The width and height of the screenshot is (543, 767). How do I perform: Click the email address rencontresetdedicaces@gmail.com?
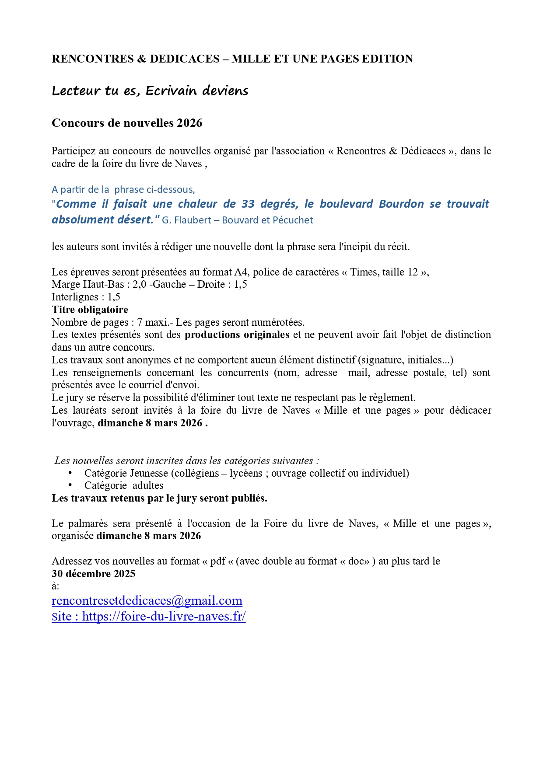[x=147, y=601]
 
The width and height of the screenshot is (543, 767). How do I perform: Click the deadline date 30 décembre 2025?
[x=94, y=574]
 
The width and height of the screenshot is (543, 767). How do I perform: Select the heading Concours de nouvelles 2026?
[x=127, y=123]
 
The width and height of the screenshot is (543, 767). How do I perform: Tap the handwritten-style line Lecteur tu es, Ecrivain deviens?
[x=150, y=91]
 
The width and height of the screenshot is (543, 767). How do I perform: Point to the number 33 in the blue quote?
[x=248, y=204]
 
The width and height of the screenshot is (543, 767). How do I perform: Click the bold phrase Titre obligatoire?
[x=90, y=310]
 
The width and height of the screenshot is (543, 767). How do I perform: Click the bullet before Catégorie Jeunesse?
[x=70, y=473]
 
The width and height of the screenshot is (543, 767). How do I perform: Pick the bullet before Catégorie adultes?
[x=70, y=485]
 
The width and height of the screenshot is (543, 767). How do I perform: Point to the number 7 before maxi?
[x=140, y=323]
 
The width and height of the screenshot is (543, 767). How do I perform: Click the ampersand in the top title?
[x=141, y=59]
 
